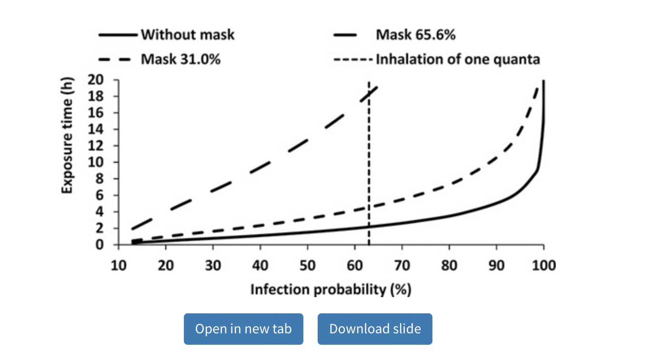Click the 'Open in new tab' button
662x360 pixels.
[x=243, y=329]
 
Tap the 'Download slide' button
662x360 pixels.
[x=375, y=329]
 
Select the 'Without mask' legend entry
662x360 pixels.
[x=187, y=35]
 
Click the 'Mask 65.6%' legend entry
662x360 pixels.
[x=415, y=35]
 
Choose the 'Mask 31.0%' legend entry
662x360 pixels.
[x=180, y=60]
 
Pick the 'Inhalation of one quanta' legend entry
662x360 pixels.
[x=458, y=60]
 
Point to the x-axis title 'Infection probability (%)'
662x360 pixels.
[x=331, y=290]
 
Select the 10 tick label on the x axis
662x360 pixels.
[x=117, y=265]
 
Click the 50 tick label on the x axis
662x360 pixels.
[x=307, y=265]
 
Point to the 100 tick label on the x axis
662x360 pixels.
[x=543, y=265]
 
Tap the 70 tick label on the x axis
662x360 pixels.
[x=402, y=265]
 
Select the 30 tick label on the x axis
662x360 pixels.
[x=212, y=265]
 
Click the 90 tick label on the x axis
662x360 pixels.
[x=496, y=265]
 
